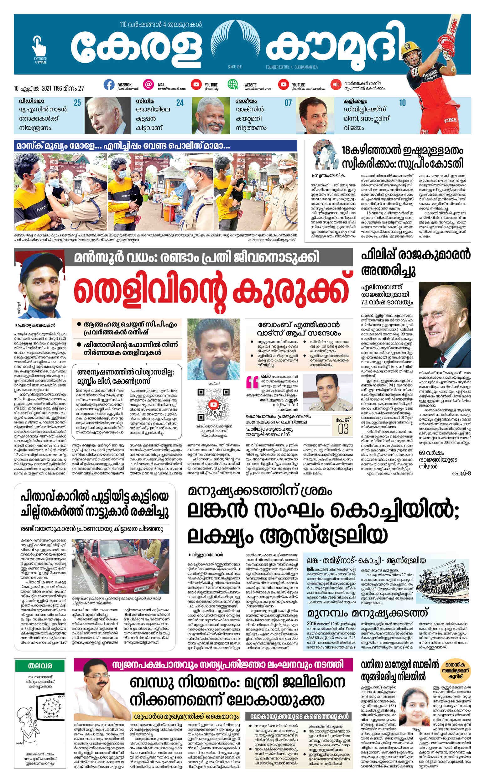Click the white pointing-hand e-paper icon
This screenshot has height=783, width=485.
point(39,46)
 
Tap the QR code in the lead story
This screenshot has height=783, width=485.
point(213,404)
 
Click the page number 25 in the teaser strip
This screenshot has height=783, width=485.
point(77,103)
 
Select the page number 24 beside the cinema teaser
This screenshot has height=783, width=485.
point(180,103)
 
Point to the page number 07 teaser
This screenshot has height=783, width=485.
point(288,103)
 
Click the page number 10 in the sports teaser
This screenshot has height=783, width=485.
point(402,103)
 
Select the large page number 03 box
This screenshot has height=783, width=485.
point(343,427)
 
